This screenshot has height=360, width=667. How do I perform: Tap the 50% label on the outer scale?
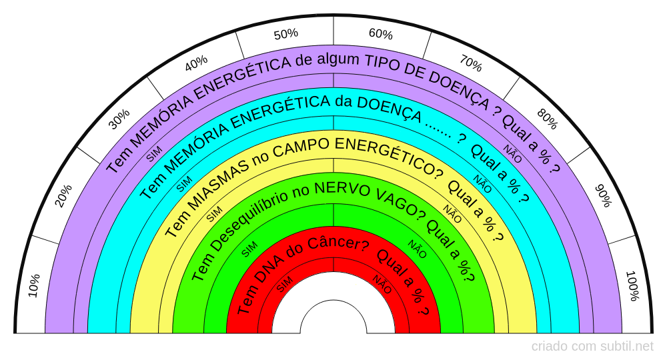click(285, 34)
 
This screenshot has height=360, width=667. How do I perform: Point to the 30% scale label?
click(119, 119)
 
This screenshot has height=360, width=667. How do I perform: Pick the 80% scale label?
click(547, 119)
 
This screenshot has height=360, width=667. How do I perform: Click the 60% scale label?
click(381, 34)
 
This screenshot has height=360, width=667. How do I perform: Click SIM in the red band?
click(284, 283)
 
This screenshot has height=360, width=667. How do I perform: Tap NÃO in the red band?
click(383, 283)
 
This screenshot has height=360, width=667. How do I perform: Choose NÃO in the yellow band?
click(452, 215)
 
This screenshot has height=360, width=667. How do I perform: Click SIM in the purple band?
click(154, 155)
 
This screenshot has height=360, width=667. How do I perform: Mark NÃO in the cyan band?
click(482, 184)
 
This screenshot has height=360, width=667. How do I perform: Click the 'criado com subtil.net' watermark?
click(592, 347)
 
